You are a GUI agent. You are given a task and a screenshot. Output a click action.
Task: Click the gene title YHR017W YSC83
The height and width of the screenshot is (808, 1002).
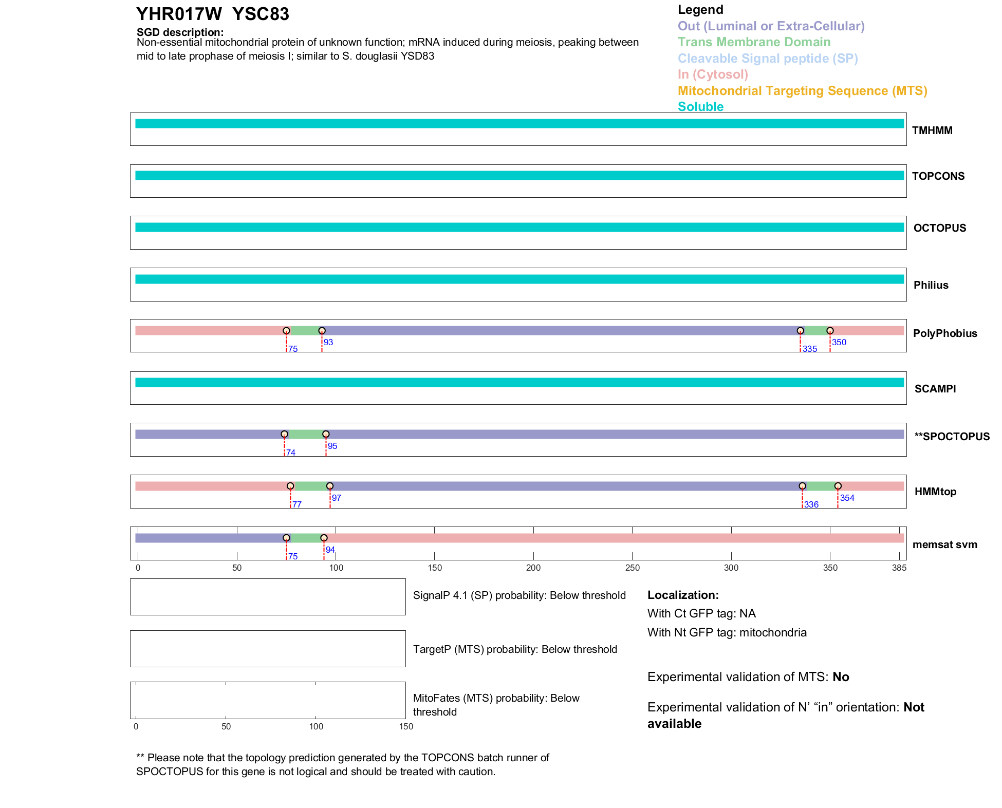click(212, 14)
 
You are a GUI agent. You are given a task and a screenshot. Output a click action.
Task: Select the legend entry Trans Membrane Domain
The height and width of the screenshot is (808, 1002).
click(754, 42)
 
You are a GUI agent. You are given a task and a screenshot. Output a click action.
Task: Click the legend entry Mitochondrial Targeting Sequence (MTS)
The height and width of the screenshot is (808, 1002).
click(802, 91)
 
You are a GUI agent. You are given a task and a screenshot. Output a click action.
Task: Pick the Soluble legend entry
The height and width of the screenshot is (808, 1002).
click(700, 107)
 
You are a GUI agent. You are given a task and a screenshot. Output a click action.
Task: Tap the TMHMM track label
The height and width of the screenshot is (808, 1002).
click(932, 130)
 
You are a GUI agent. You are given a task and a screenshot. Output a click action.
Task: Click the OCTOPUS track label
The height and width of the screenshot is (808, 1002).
click(939, 228)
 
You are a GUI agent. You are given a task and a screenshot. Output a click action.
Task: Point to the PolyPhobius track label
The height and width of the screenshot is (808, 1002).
click(944, 333)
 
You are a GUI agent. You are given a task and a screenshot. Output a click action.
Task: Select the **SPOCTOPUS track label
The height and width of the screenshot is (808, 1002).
click(952, 437)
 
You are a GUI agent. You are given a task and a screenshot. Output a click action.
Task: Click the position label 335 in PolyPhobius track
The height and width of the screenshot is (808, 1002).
click(810, 349)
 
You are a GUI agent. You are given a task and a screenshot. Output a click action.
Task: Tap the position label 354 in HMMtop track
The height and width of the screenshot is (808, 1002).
click(847, 498)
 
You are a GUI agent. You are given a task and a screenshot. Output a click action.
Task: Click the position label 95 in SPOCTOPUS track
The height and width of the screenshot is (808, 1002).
click(332, 446)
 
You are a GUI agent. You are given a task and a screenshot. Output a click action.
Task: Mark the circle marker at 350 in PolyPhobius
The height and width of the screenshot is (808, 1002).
click(830, 331)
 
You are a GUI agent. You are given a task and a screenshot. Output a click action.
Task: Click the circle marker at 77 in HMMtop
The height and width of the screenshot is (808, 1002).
click(290, 486)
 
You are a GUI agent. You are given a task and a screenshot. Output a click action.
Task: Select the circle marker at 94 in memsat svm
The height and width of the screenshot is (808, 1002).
click(324, 538)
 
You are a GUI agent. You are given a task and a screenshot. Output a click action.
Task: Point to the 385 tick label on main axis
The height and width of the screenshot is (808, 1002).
click(899, 568)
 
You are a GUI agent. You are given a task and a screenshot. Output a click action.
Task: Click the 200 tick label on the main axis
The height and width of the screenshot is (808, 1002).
click(533, 568)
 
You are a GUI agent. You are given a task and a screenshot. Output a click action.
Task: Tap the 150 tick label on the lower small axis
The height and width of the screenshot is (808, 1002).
click(406, 726)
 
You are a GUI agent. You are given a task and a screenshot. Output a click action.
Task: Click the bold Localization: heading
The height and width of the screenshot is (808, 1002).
click(683, 595)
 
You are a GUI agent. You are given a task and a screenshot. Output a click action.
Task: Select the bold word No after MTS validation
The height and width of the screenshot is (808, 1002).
click(841, 677)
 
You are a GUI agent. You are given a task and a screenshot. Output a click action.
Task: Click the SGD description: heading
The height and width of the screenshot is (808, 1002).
click(180, 32)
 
